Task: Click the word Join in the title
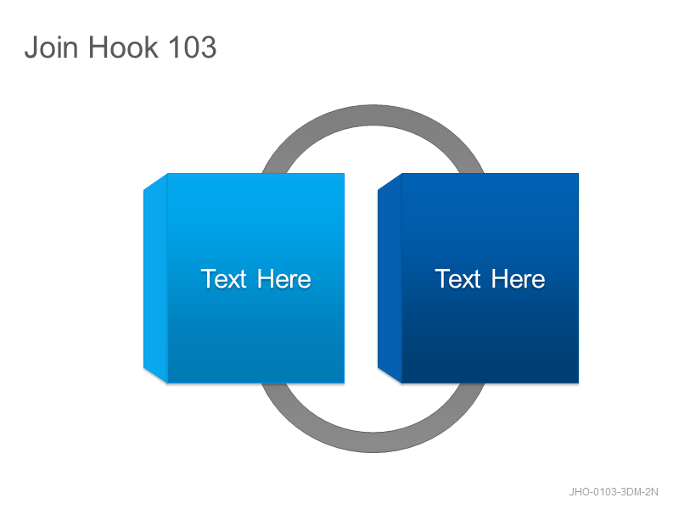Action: coord(52,47)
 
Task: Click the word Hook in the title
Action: coord(123,47)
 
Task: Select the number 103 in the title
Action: coord(192,47)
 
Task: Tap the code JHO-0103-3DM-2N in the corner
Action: coord(613,492)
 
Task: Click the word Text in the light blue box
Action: coord(223,279)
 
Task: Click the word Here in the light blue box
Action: coord(284,279)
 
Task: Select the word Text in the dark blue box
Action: coord(457,279)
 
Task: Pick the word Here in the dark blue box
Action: coord(519,279)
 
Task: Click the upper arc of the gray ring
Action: coord(373,115)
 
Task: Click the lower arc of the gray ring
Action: coord(373,442)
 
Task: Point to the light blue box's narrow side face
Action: coord(155,278)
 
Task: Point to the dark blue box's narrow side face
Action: coord(390,278)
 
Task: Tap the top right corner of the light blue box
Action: coord(345,174)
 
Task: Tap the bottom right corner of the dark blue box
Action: coord(579,383)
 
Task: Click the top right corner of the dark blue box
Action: coord(579,174)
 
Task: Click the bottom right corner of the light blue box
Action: coord(345,383)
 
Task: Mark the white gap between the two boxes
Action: coord(362,278)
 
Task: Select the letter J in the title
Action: coord(31,47)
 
